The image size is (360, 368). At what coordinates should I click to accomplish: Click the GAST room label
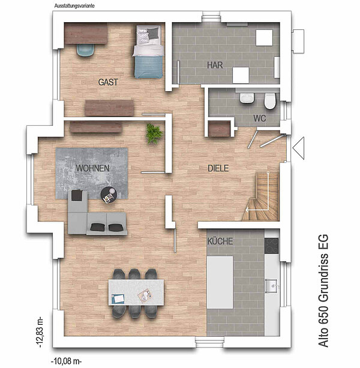(x=108, y=82)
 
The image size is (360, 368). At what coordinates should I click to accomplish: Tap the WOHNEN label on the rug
(x=92, y=168)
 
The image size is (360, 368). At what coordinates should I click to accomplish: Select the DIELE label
(x=218, y=168)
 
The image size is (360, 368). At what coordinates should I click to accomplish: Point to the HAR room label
(x=215, y=65)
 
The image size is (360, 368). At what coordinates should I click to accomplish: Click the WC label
(x=260, y=118)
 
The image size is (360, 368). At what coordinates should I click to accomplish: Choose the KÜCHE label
(x=220, y=242)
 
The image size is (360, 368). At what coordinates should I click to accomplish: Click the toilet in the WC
(x=270, y=101)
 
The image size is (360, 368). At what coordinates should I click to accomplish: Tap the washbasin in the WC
(x=247, y=98)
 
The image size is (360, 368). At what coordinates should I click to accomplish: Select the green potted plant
(x=154, y=134)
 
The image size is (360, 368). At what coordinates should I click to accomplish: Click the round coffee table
(x=109, y=195)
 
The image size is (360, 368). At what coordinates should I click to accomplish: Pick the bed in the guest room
(x=148, y=52)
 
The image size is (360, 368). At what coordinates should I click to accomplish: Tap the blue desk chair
(x=85, y=50)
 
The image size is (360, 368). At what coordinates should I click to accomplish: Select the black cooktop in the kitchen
(x=272, y=246)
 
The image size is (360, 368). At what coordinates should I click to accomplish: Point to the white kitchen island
(x=220, y=282)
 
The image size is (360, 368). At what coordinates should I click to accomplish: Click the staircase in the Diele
(x=261, y=197)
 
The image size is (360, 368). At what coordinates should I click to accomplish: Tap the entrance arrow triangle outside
(x=298, y=148)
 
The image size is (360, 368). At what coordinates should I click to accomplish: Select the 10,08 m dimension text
(x=66, y=361)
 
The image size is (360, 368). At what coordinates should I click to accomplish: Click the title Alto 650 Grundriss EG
(x=323, y=291)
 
